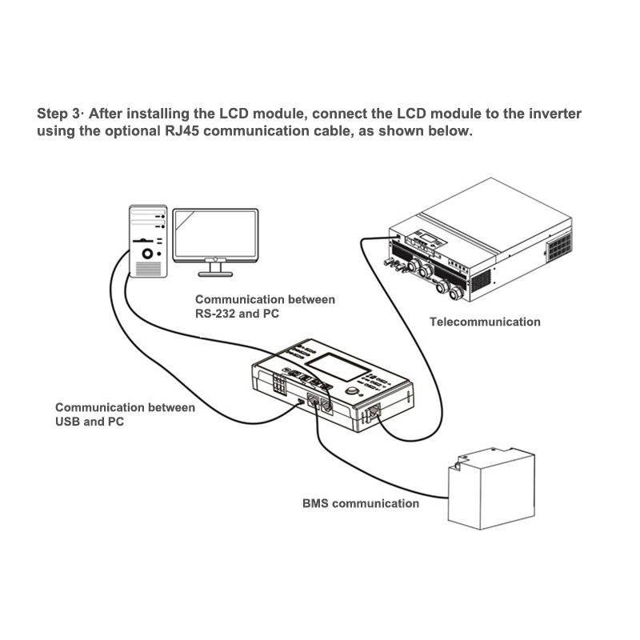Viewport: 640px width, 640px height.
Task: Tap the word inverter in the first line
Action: click(553, 114)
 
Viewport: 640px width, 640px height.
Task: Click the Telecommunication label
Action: click(485, 322)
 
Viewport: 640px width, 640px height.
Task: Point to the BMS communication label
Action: click(360, 503)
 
